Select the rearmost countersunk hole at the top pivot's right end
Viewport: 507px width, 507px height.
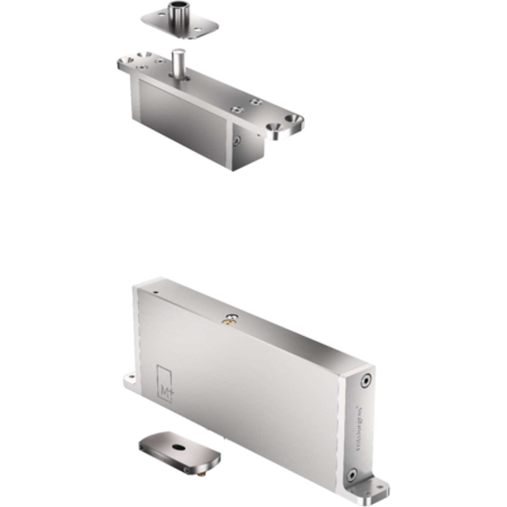pos(296,118)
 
